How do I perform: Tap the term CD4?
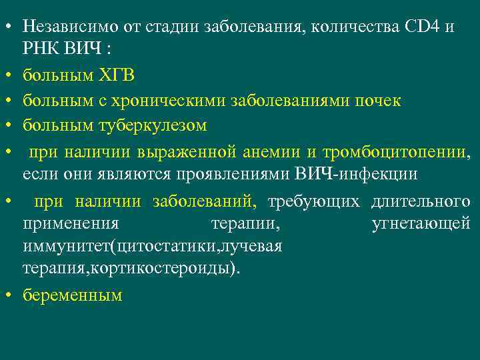click(418, 27)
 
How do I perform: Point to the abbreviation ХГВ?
click(116, 75)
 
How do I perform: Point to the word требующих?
click(313, 201)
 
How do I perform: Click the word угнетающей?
click(421, 223)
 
